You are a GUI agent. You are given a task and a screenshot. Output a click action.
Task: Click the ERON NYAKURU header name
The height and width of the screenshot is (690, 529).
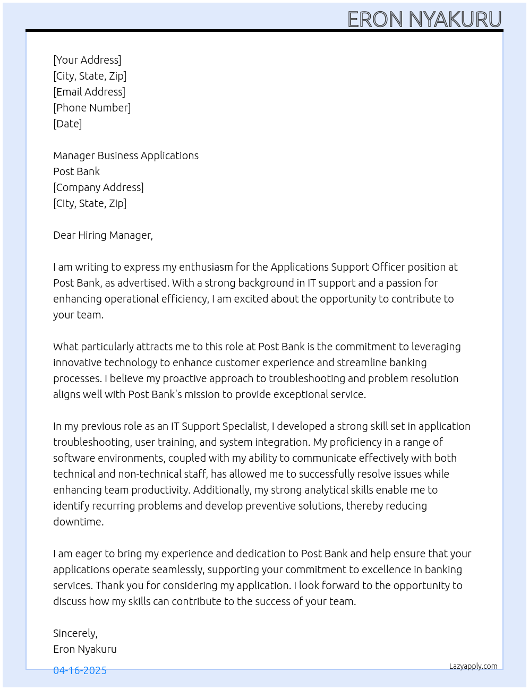[x=424, y=20]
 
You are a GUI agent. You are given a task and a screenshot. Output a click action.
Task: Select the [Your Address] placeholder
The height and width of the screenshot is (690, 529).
[x=87, y=60]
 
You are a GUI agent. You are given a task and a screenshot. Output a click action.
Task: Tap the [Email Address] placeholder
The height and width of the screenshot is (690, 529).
[x=89, y=92]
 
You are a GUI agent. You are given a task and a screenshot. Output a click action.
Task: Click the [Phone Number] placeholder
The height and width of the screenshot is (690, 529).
[x=92, y=108]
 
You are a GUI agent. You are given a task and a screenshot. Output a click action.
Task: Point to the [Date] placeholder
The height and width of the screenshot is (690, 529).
[x=67, y=124]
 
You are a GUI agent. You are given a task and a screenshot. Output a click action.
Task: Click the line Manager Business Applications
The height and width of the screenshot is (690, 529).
[x=126, y=156]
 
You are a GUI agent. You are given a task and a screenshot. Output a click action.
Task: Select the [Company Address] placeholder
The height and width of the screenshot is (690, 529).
[x=98, y=187]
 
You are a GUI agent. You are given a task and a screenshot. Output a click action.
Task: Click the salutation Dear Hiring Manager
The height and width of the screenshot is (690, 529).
[x=103, y=235]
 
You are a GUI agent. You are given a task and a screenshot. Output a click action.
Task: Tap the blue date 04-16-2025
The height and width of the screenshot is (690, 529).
[x=80, y=670]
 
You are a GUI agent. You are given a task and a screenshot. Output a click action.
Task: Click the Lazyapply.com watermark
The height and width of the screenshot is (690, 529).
[x=473, y=666]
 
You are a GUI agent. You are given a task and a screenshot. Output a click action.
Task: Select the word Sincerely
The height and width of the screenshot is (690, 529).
[x=75, y=633]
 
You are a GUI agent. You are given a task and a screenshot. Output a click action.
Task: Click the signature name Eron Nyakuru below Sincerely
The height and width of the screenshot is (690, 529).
[x=85, y=649]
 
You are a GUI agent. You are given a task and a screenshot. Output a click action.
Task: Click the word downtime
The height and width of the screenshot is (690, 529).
[x=78, y=522]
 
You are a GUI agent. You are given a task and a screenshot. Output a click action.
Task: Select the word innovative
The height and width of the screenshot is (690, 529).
[x=78, y=363]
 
